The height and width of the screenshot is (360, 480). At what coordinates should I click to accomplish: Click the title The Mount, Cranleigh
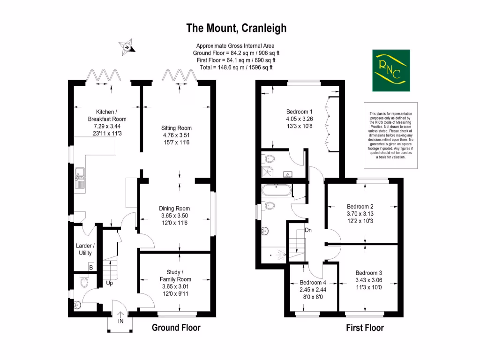click(236, 28)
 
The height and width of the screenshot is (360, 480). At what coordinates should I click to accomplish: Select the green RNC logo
click(391, 70)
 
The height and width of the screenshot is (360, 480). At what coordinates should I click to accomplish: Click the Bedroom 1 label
click(299, 112)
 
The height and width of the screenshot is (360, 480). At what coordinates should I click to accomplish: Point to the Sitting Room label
click(176, 128)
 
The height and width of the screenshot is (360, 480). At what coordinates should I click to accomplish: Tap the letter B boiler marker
click(91, 267)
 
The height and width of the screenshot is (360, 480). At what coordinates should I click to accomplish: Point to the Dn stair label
click(308, 230)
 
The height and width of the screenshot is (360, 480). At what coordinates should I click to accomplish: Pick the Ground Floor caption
click(176, 328)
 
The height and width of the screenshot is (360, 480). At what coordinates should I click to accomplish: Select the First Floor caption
click(365, 328)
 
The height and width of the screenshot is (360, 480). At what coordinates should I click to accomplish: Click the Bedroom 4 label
click(313, 283)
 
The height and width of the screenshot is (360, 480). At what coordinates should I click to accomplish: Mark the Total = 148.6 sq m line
click(236, 67)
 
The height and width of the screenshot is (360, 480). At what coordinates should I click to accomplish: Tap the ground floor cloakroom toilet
click(84, 283)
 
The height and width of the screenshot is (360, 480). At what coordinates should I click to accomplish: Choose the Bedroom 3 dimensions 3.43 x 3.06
click(368, 280)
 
